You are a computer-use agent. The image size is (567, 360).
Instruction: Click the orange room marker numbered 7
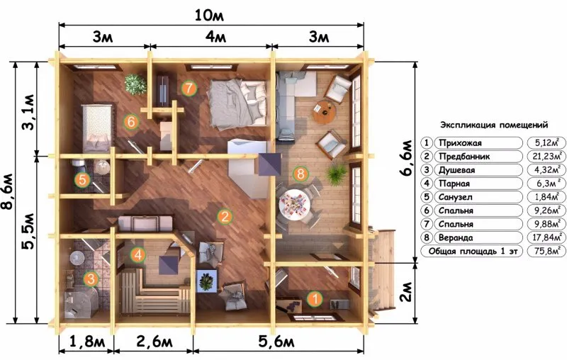click(x=189, y=88)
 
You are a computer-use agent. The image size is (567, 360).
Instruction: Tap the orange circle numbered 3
click(x=91, y=279)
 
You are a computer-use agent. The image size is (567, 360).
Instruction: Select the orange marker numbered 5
click(x=82, y=179)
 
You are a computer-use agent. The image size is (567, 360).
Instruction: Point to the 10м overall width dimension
click(x=209, y=15)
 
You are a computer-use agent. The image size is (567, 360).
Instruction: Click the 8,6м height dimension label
click(x=8, y=191)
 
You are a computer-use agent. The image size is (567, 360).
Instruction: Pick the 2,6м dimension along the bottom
click(x=155, y=342)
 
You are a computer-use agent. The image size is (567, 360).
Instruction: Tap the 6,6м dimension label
click(x=406, y=157)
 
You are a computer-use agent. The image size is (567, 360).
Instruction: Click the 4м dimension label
click(x=215, y=37)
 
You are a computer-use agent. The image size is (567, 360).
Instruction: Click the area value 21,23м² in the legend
click(x=547, y=156)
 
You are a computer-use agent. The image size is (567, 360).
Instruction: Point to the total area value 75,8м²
click(x=547, y=251)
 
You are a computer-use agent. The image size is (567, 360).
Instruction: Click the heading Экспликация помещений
click(x=494, y=125)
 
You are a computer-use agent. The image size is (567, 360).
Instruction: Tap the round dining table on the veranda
click(x=294, y=205)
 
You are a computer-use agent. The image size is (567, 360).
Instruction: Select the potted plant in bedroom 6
click(x=135, y=84)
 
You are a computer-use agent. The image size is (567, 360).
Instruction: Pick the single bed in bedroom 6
click(x=96, y=128)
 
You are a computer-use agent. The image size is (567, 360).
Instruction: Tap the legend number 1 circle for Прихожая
click(x=427, y=142)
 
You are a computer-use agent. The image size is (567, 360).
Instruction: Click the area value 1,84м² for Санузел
click(x=547, y=197)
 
